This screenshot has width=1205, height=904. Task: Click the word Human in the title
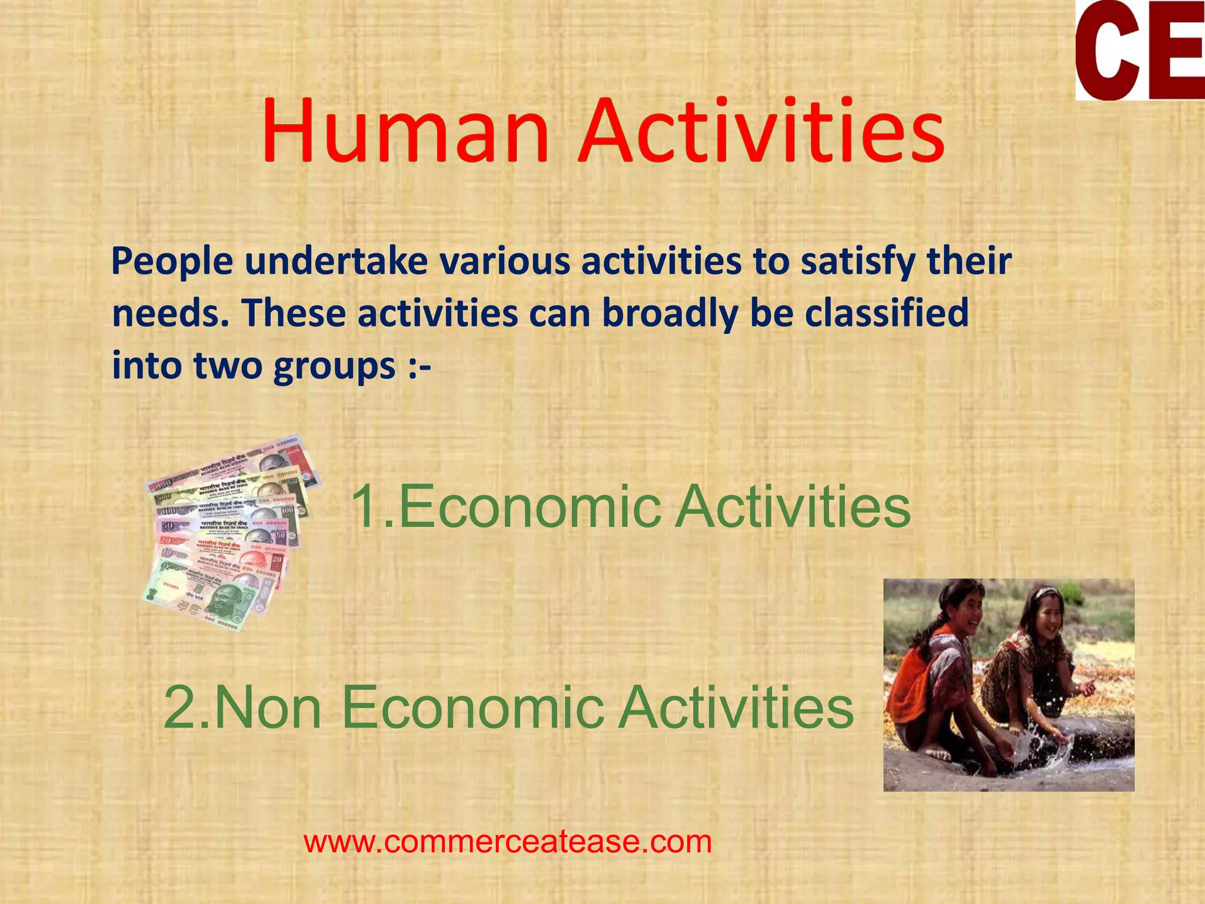point(406,131)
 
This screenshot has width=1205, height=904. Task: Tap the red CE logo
point(1139,50)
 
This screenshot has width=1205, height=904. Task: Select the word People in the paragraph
point(172,262)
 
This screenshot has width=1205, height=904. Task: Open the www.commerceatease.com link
point(508,842)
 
